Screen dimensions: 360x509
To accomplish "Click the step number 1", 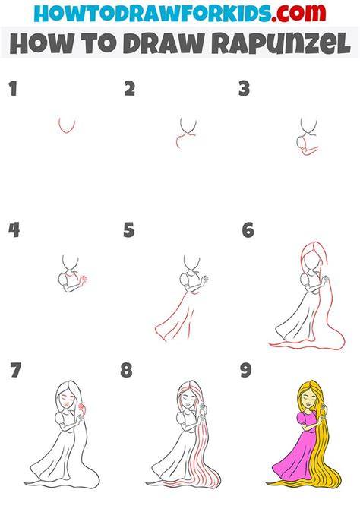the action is pos(13,89).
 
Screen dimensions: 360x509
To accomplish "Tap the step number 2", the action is pos(130,89).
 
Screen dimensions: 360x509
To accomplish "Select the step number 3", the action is pos(244,89).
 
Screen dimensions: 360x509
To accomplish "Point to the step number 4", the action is pos(14,230).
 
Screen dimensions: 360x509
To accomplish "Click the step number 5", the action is pos(129,230).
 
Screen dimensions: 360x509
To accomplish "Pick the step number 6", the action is pos(248,230).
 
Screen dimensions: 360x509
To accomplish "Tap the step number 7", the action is pos(16,371).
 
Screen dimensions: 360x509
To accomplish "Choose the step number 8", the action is pos(126,371).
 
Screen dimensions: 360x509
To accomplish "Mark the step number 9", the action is pos(246,371).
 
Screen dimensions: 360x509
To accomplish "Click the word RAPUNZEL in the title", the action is pos(281,43).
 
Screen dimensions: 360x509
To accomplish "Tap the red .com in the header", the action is pos(298,13).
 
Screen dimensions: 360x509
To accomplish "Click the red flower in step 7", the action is pos(81,406).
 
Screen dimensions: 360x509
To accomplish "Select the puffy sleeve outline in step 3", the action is pos(301,142).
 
